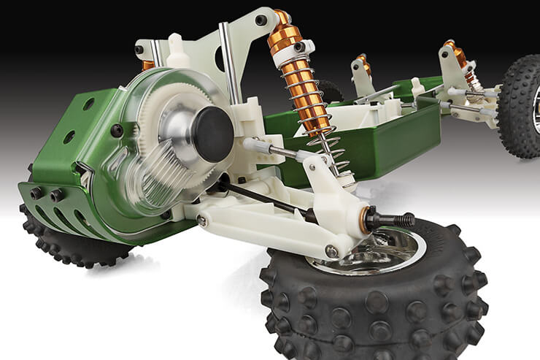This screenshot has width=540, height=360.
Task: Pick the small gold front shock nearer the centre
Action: tap(363, 66)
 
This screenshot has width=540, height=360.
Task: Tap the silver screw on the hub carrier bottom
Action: tap(331, 250)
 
